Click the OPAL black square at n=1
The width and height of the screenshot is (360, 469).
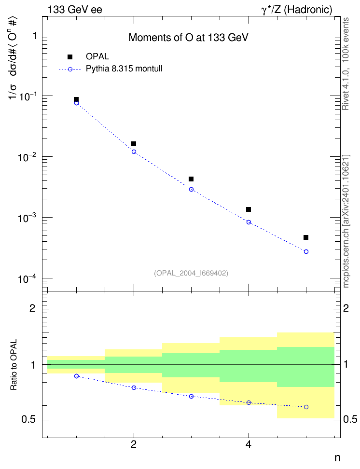(76, 99)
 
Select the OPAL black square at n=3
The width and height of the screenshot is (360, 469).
(191, 179)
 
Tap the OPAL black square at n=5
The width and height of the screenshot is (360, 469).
(306, 237)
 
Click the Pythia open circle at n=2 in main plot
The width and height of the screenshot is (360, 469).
(134, 152)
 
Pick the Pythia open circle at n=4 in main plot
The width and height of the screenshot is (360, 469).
(249, 222)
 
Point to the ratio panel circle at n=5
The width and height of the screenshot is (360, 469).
(306, 407)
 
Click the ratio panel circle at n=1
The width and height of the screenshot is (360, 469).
(76, 376)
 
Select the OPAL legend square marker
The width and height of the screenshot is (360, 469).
(70, 57)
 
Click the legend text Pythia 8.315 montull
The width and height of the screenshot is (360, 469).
(124, 69)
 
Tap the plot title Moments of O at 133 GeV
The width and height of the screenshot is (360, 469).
(189, 37)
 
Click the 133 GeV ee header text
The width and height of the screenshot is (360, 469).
(75, 10)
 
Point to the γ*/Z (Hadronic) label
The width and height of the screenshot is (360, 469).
(297, 10)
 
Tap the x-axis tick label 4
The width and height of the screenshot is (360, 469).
(249, 444)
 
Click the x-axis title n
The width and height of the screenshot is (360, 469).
(337, 458)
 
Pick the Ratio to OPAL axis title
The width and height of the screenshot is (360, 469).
(14, 365)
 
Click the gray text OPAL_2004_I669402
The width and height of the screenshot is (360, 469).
(191, 273)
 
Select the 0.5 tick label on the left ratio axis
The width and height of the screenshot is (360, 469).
(29, 420)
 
